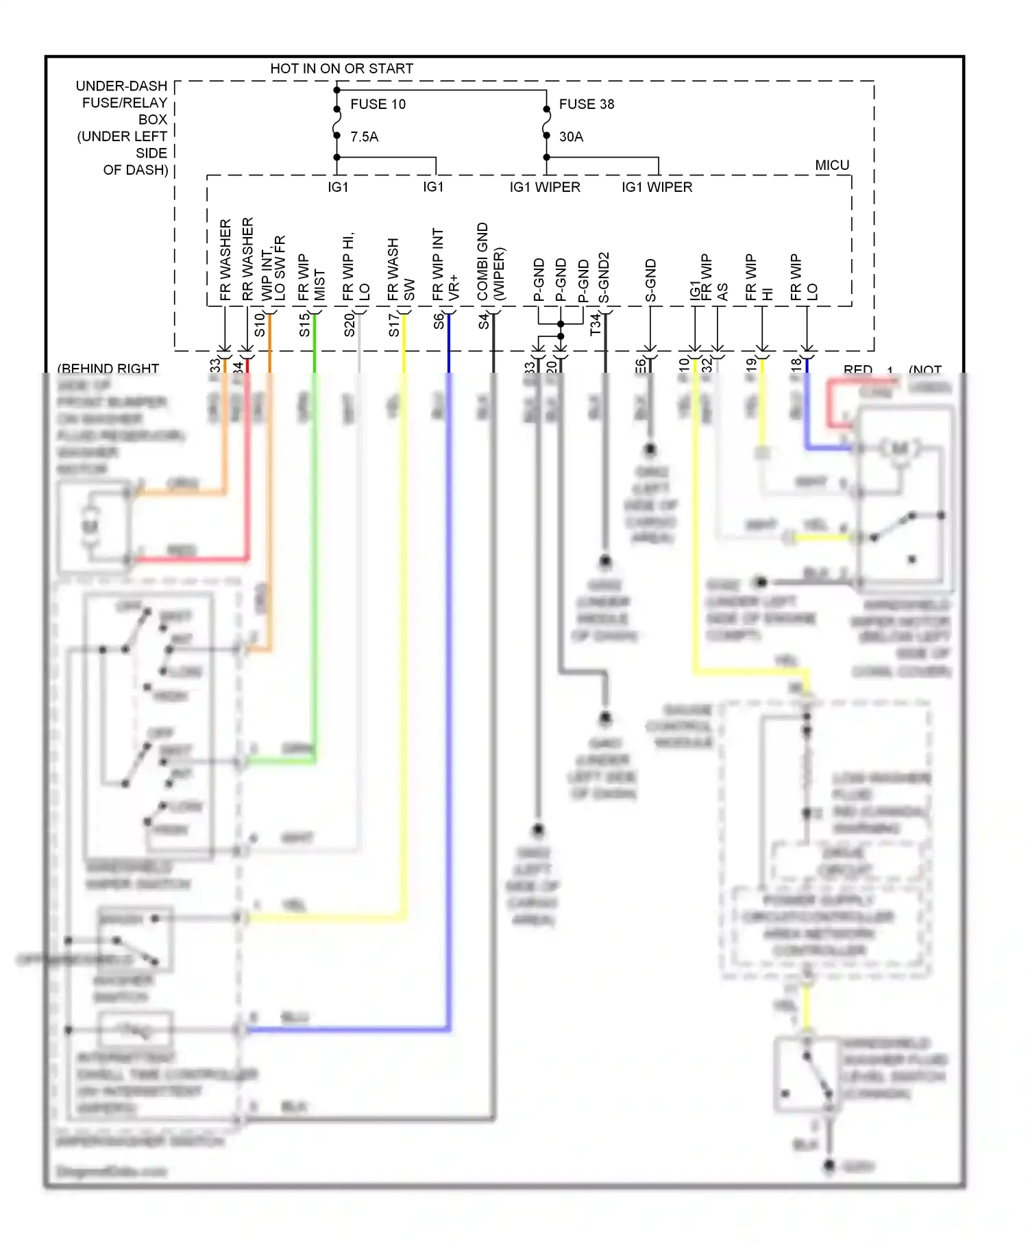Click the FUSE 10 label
tap(378, 104)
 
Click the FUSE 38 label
tap(586, 104)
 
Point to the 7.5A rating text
tap(364, 137)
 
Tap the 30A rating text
tap(571, 137)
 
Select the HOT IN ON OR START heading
tap(341, 69)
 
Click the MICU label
tap(831, 165)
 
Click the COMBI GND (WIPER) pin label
tap(490, 262)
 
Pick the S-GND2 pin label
tap(604, 278)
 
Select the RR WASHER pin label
tap(247, 259)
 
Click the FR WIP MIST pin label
tap(311, 278)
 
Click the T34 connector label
tap(595, 324)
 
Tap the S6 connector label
tap(439, 321)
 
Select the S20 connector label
tap(349, 325)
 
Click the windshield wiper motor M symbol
tap(899, 449)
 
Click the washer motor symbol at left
tap(90, 526)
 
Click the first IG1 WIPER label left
tap(544, 187)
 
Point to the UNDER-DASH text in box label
tap(121, 86)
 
